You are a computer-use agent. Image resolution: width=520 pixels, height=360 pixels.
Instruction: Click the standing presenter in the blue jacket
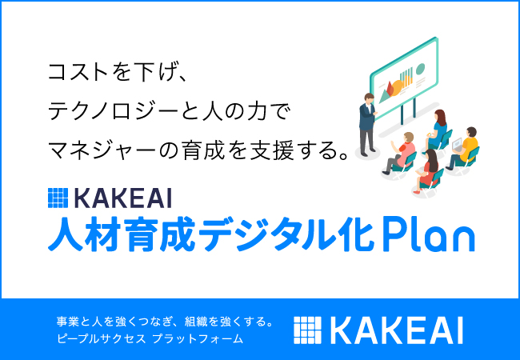(x=367, y=124)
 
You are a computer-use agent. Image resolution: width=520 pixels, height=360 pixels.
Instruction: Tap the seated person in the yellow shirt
(x=464, y=149)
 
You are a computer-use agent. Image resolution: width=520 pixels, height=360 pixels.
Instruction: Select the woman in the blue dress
(x=437, y=130)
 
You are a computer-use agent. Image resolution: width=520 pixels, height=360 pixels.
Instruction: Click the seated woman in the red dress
(x=428, y=170)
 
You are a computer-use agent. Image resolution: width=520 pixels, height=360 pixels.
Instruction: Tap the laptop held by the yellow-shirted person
(x=458, y=144)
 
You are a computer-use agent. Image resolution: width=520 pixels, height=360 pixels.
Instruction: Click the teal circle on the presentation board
(x=420, y=69)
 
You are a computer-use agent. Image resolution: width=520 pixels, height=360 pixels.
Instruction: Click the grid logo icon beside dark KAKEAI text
(x=58, y=198)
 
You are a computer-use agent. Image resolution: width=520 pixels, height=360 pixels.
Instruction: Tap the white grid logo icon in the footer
(x=307, y=330)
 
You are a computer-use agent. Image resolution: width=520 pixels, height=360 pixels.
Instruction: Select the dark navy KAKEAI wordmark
(x=123, y=198)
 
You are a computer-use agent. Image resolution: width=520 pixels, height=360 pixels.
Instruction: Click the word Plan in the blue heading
(x=429, y=234)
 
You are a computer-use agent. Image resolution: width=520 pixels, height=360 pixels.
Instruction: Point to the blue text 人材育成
(x=122, y=234)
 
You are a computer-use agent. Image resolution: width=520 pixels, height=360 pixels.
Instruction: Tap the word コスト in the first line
(x=78, y=72)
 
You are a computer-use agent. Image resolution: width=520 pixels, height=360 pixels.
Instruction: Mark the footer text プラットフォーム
(x=198, y=338)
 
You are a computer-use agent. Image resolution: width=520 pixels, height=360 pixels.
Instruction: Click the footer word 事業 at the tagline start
(x=67, y=322)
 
